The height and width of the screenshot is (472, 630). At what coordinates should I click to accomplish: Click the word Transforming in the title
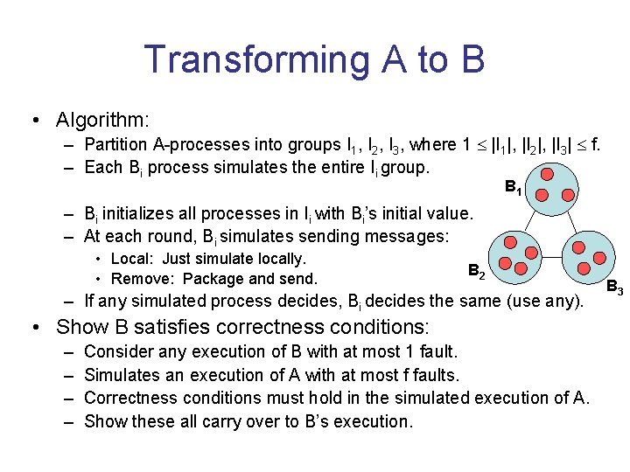tap(255, 59)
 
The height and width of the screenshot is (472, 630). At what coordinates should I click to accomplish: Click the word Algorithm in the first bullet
tap(101, 119)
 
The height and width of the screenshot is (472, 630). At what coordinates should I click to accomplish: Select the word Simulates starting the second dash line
tap(122, 375)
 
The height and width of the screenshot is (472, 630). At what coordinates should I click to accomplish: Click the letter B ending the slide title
tap(469, 59)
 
